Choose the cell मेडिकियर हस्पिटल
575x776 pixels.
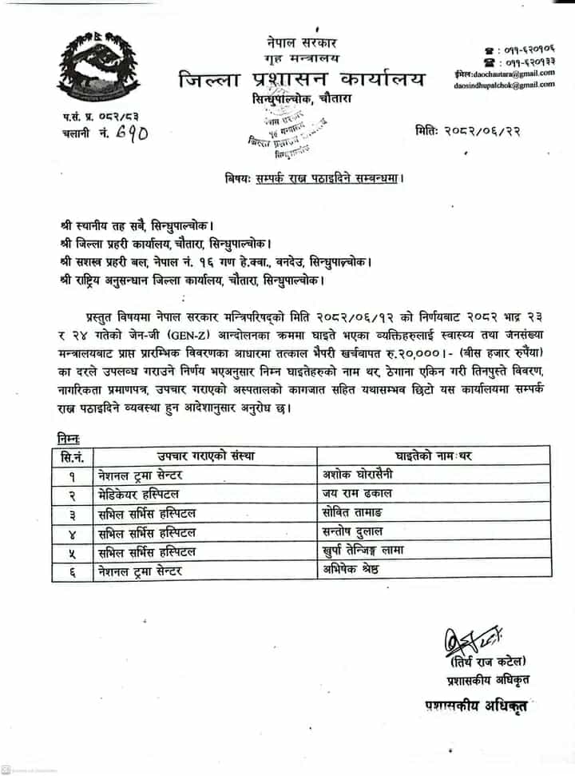(139, 494)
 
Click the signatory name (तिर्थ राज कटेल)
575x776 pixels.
(487, 660)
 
